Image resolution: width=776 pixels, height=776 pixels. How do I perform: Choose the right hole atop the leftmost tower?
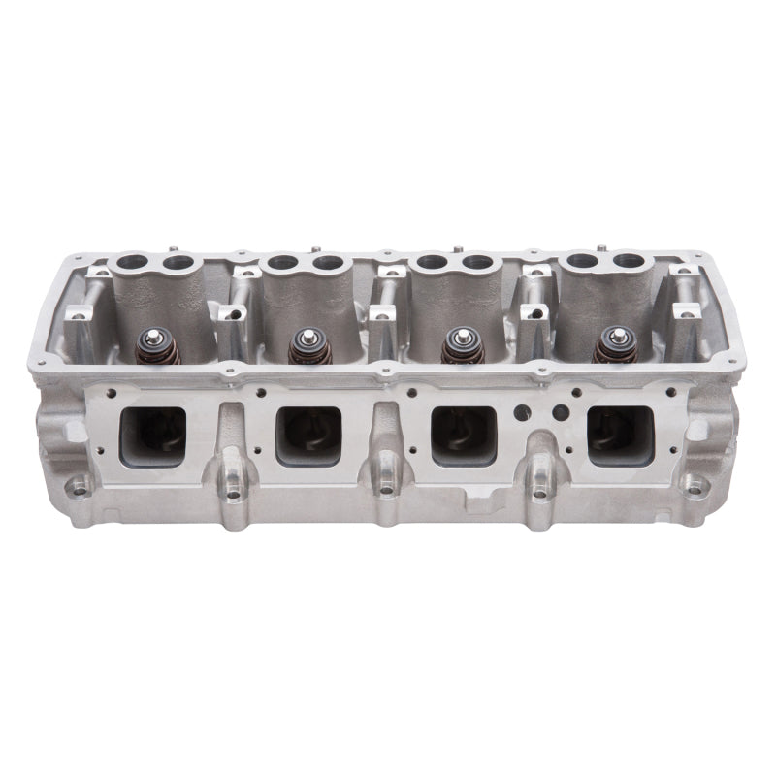(x=177, y=263)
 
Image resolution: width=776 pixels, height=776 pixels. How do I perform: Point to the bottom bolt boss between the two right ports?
(x=539, y=491)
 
